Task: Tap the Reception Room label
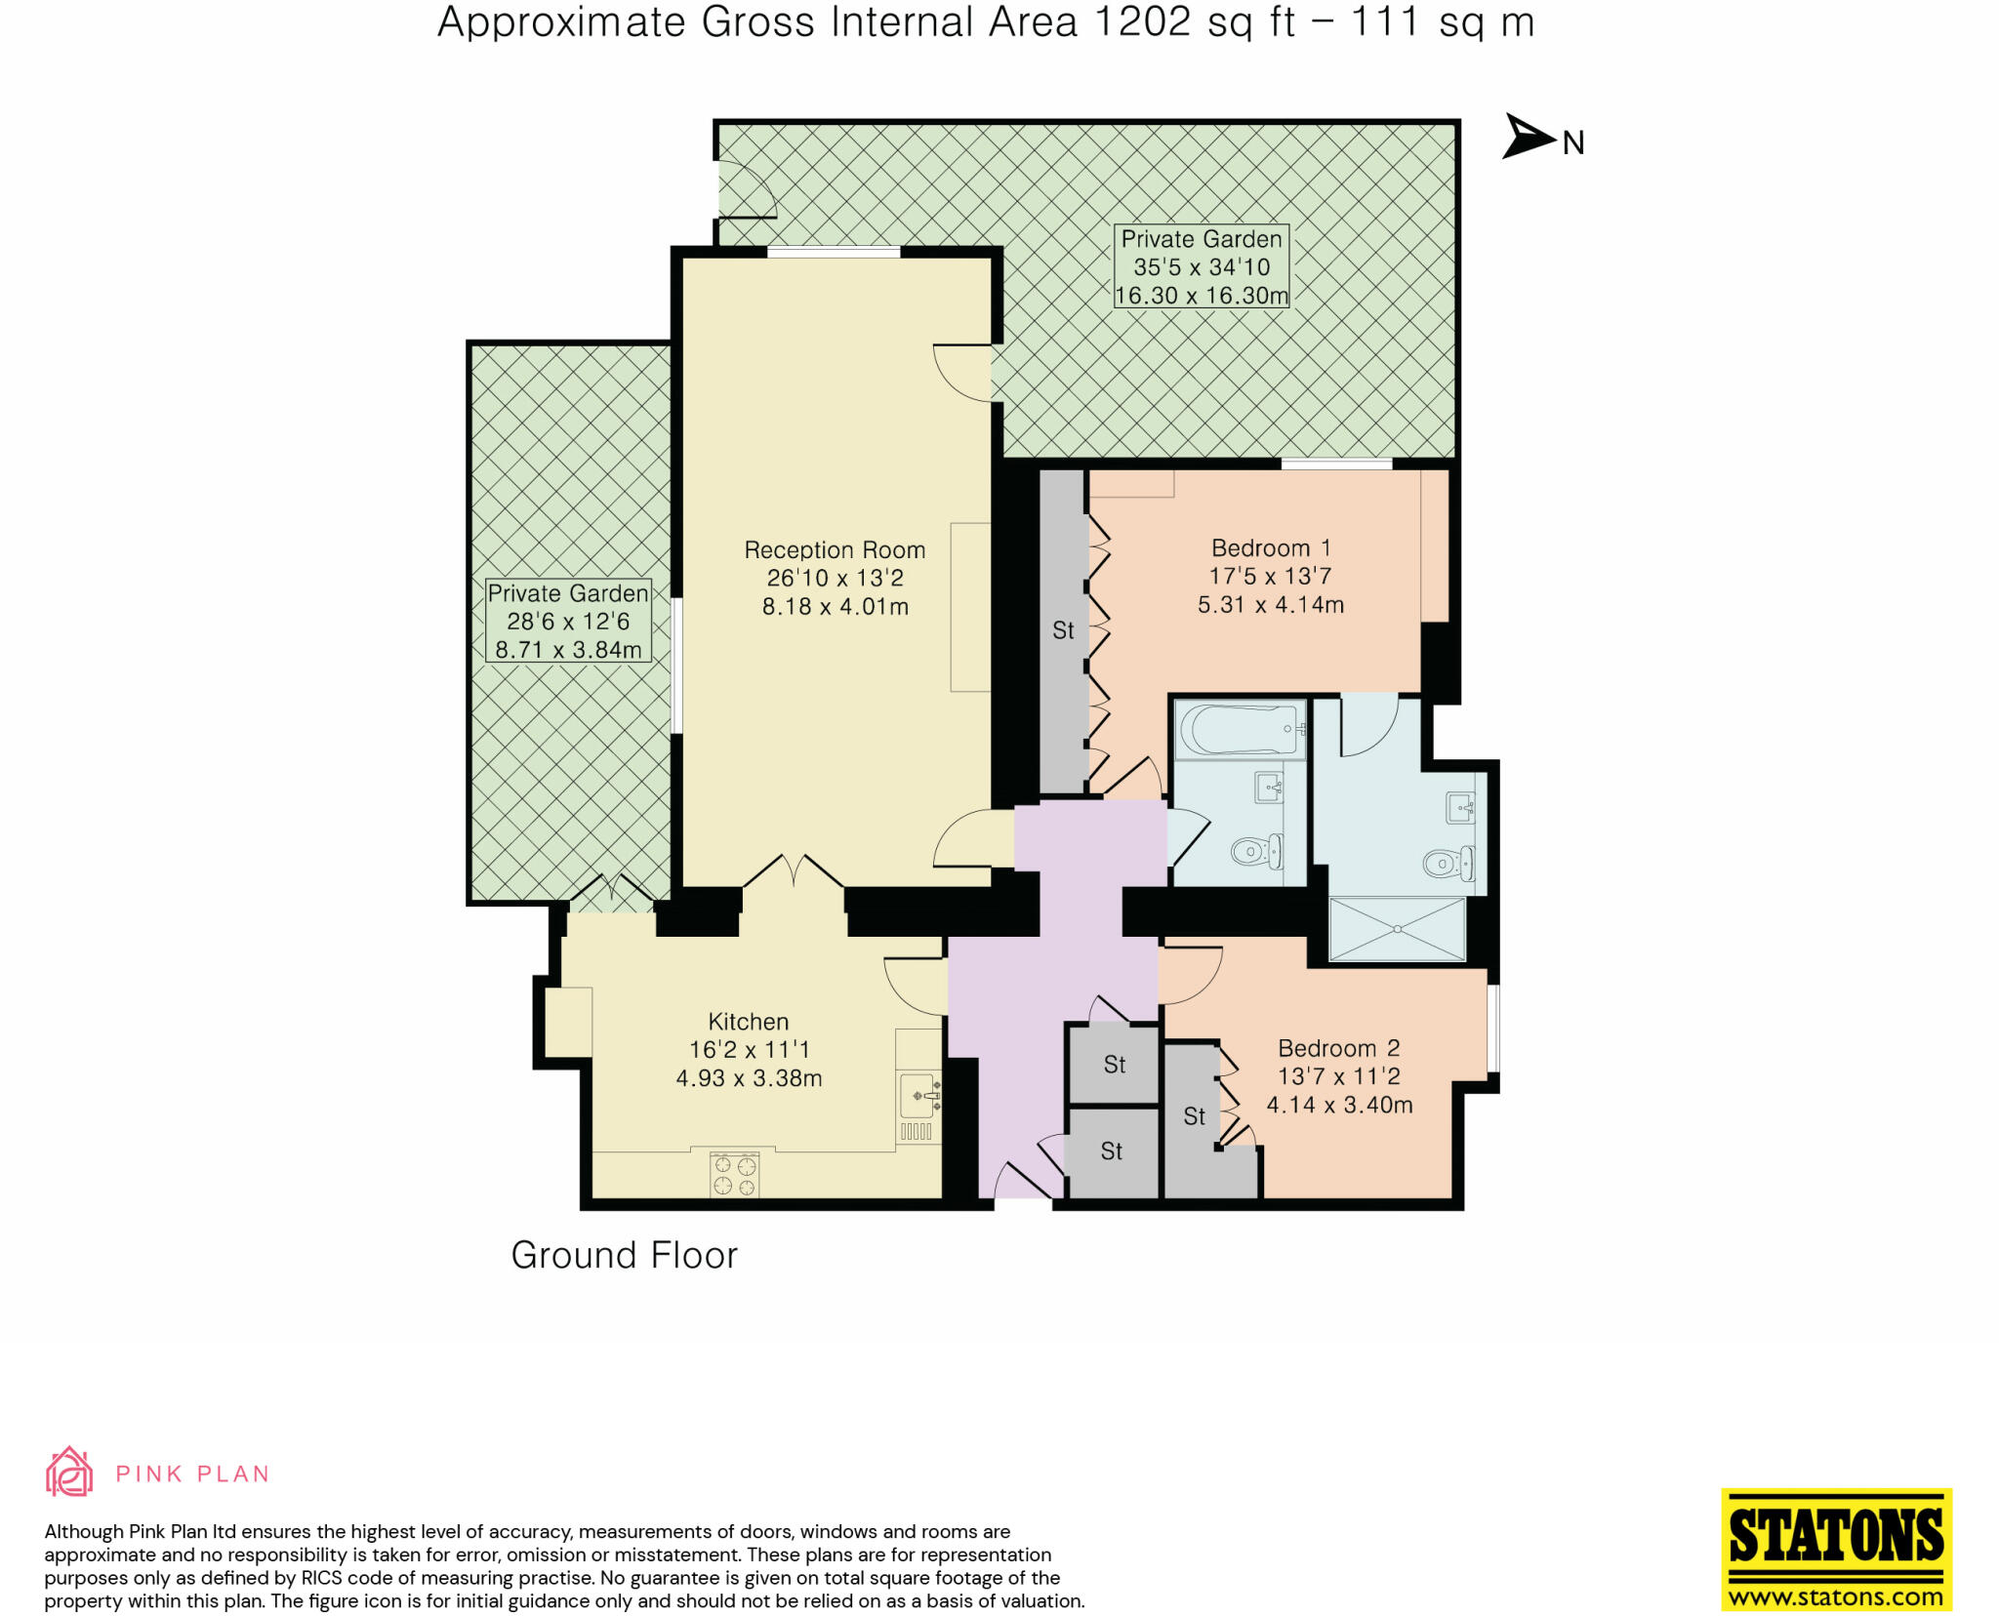835,550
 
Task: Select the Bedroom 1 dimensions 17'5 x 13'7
1270,577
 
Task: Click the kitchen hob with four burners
734,1175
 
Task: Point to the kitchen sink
918,1097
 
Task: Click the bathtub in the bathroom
1238,729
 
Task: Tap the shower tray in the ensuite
1397,929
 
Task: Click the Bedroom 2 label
1338,1049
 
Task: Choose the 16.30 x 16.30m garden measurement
1202,296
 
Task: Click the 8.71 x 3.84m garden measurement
568,650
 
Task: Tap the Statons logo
1836,1549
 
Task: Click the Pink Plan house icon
69,1473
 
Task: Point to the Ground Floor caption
624,1256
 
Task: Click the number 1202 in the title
1142,22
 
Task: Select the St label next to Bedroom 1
1063,631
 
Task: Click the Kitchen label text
749,1022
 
